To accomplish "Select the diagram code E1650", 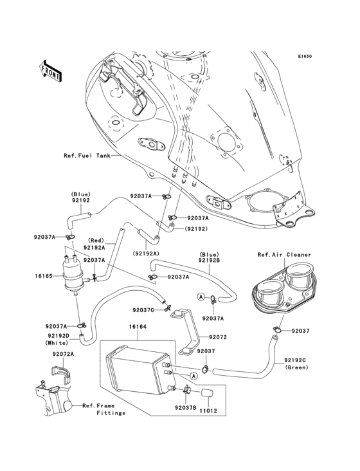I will tap(304, 56).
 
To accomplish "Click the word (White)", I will tap(57, 343).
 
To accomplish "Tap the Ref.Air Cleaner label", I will tap(284, 255).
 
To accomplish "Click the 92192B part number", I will tap(210, 261).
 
